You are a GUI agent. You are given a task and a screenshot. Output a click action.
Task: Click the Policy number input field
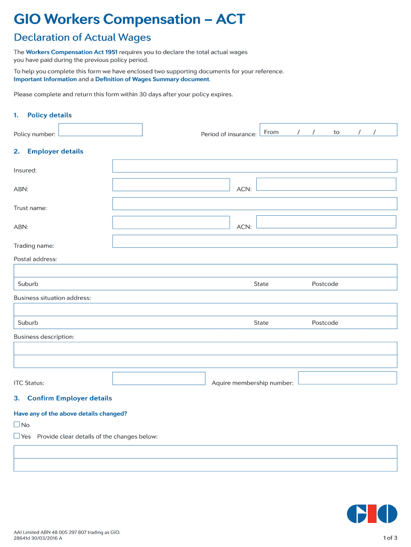[100, 130]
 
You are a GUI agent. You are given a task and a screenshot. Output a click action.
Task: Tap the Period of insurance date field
[328, 130]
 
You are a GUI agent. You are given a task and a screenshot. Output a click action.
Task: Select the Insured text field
[255, 166]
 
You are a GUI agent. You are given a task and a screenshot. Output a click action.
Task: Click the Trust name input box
[255, 204]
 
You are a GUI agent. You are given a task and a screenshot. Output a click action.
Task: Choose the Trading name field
[255, 241]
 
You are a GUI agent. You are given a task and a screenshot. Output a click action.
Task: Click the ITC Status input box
[159, 379]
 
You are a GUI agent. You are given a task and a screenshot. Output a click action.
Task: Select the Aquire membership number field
[347, 378]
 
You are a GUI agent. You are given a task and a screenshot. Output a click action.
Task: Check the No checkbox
[17, 425]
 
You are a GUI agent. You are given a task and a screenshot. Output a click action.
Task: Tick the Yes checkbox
[17, 436]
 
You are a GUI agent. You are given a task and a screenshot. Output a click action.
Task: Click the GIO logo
[372, 514]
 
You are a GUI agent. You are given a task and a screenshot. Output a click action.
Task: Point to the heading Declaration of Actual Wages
[82, 37]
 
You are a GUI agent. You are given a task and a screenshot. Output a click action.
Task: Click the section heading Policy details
[49, 115]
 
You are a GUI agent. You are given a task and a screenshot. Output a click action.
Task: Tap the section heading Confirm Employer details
[69, 398]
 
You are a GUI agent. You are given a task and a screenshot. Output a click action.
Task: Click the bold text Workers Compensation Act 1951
[72, 52]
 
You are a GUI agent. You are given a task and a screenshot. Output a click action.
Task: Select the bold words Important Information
[45, 79]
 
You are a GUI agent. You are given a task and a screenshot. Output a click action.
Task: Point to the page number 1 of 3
[391, 537]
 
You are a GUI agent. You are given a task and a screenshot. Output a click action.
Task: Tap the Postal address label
[35, 259]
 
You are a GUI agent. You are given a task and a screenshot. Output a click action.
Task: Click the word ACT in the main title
[231, 19]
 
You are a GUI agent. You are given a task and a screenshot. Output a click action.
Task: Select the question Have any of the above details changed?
[70, 414]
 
